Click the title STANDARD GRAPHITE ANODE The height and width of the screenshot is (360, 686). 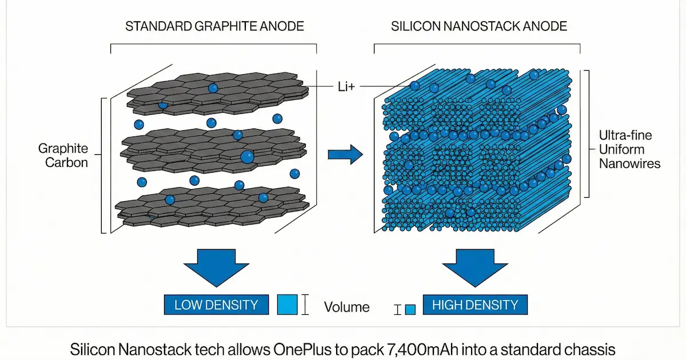pyautogui.click(x=214, y=26)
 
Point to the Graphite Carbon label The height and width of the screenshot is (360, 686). pyautogui.click(x=63, y=155)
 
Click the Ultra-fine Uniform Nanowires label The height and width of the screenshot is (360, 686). pyautogui.click(x=629, y=150)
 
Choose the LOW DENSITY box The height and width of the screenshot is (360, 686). pyautogui.click(x=216, y=305)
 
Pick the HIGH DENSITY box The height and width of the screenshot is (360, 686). pyautogui.click(x=474, y=305)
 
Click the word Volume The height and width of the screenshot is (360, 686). pyautogui.click(x=346, y=307)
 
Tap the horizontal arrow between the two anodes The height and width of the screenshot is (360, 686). pyautogui.click(x=346, y=153)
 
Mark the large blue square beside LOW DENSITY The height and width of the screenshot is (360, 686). pyautogui.click(x=287, y=305)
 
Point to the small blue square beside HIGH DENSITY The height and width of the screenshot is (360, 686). pyautogui.click(x=410, y=310)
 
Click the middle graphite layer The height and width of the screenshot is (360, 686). pyautogui.click(x=212, y=150)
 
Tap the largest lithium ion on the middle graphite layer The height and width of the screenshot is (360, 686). pyautogui.click(x=247, y=157)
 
